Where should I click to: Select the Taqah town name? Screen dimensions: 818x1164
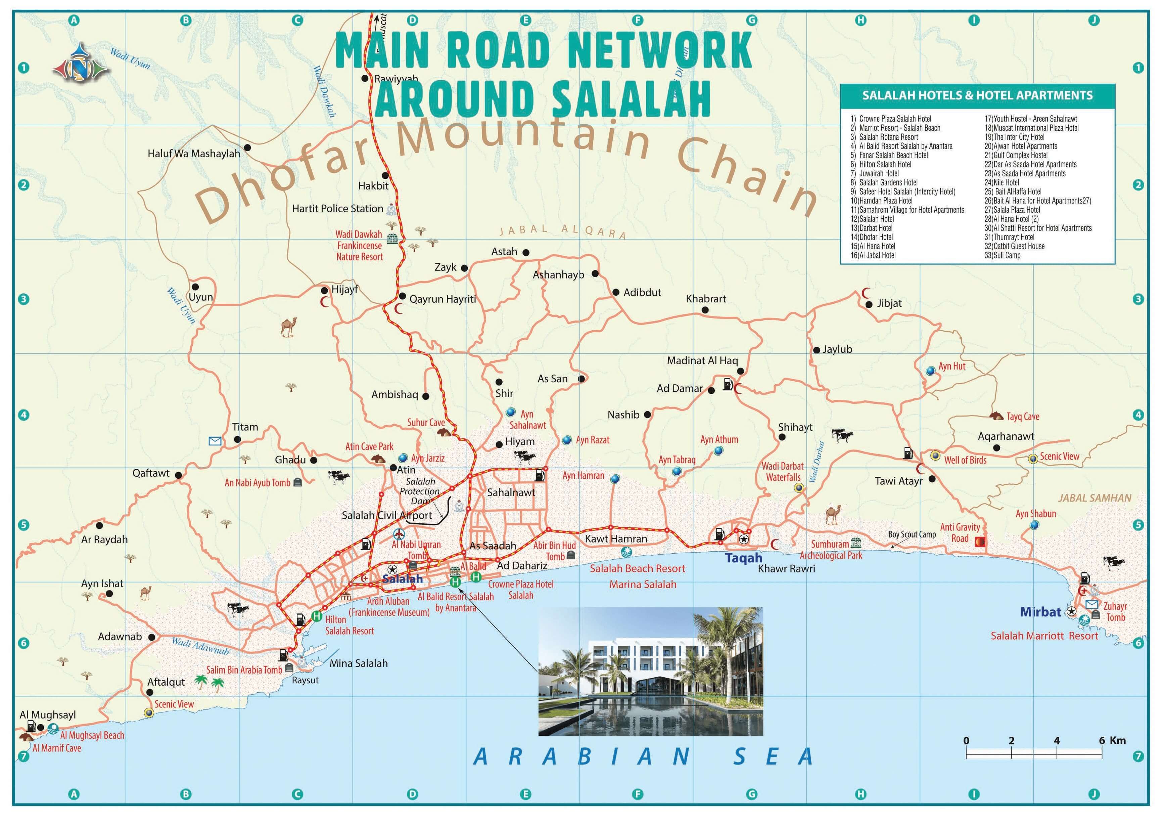pyautogui.click(x=743, y=558)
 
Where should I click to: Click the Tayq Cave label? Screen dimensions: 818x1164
pyautogui.click(x=1023, y=417)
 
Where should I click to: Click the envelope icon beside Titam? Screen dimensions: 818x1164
pyautogui.click(x=215, y=441)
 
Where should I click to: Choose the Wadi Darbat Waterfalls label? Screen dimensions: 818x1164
pyautogui.click(x=782, y=472)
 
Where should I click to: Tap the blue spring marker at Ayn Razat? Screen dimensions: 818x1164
pyautogui.click(x=567, y=440)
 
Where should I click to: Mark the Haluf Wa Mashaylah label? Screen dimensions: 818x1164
pyautogui.click(x=194, y=153)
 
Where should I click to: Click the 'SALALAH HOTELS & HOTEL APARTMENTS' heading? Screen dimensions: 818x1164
pyautogui.click(x=977, y=95)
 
